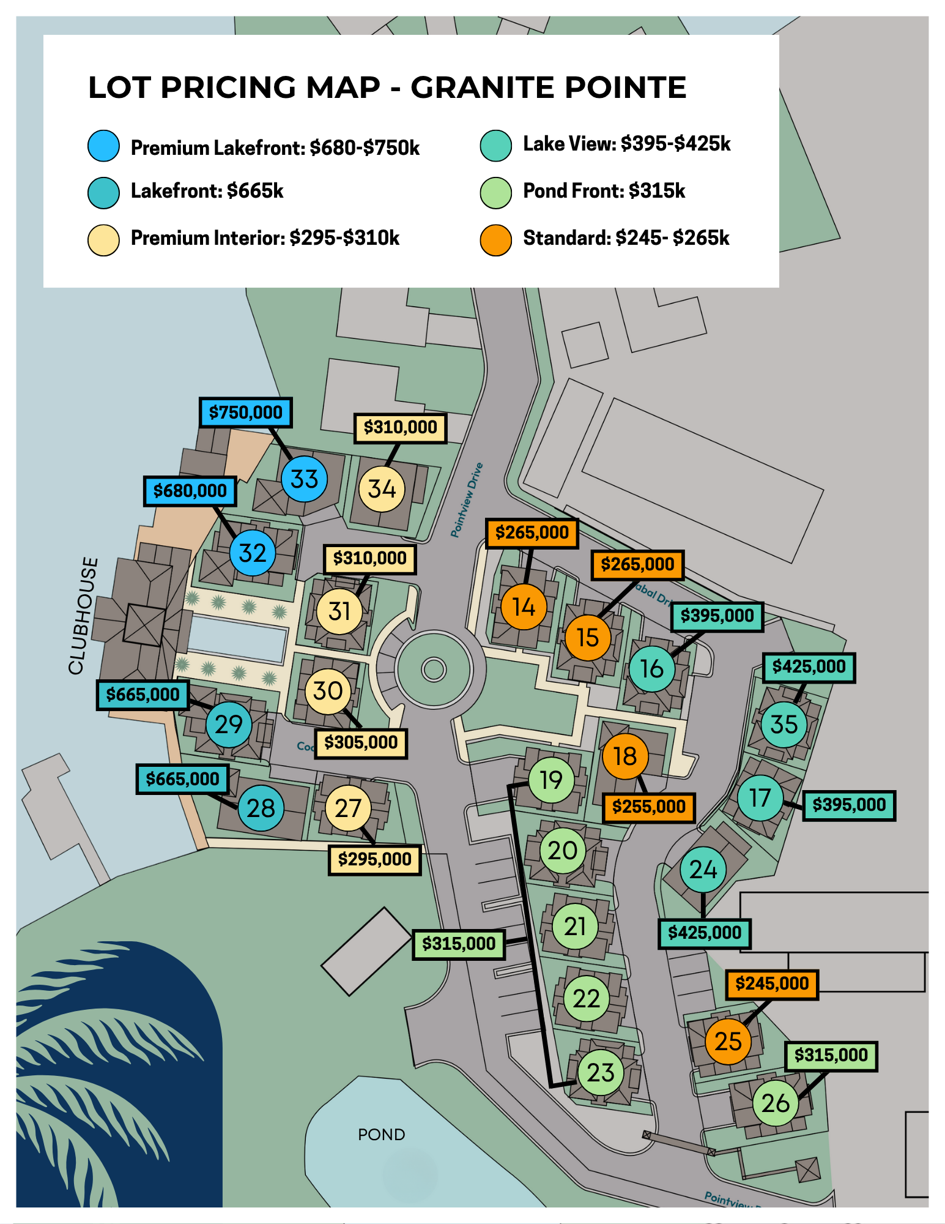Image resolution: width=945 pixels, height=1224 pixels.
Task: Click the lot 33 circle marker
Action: [x=304, y=479]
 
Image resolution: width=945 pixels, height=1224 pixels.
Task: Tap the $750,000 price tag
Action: [x=246, y=412]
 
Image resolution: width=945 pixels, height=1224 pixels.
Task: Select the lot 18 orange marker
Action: [x=624, y=756]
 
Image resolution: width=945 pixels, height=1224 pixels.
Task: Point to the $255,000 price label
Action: [x=648, y=807]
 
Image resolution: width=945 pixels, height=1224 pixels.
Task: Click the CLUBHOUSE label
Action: [x=83, y=616]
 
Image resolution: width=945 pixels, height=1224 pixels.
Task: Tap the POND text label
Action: [x=381, y=1135]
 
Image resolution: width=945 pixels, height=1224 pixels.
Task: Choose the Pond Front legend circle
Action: [x=495, y=193]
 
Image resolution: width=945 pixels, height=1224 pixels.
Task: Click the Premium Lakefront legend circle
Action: [x=103, y=146]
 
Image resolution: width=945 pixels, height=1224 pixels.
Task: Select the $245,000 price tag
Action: [x=772, y=984]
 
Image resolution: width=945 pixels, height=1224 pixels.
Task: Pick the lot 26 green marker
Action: [x=775, y=1103]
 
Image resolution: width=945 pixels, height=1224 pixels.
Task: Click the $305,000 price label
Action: [x=361, y=743]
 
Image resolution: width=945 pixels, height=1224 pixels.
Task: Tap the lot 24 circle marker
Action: [x=703, y=870]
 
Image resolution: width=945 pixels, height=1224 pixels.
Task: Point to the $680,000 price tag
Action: [x=190, y=491]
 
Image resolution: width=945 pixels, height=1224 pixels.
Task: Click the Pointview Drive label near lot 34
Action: [x=467, y=500]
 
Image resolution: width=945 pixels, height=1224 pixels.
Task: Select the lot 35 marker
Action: [x=784, y=725]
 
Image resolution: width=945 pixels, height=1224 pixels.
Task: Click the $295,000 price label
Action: [x=375, y=859]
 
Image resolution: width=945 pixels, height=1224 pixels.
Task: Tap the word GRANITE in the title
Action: [x=481, y=87]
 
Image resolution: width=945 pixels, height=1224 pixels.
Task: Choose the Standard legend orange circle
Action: [x=495, y=240]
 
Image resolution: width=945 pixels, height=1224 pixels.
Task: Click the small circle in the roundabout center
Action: [x=434, y=669]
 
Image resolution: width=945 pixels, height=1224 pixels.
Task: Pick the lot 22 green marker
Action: [x=586, y=999]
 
